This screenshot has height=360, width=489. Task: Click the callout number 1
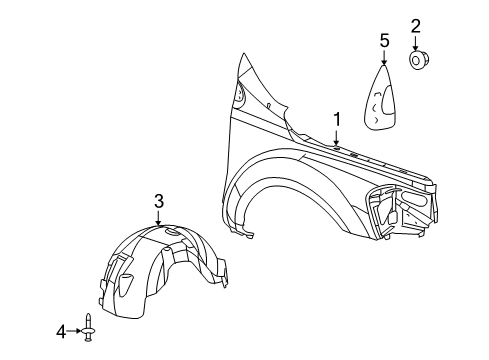(337, 119)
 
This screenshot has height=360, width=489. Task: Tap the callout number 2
(415, 26)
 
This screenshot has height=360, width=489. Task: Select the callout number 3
(158, 202)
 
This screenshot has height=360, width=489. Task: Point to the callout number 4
(60, 329)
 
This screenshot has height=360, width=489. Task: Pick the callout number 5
(383, 41)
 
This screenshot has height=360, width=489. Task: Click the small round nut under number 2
(415, 62)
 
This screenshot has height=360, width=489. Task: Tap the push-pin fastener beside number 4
(92, 329)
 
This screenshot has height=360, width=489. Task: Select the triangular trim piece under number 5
(380, 100)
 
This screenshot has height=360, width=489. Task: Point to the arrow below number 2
(415, 44)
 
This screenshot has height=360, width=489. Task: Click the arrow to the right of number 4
(77, 329)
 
